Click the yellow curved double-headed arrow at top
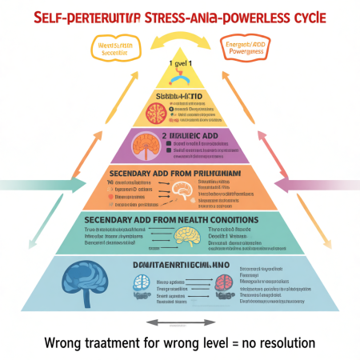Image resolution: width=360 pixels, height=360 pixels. pyautogui.click(x=180, y=38)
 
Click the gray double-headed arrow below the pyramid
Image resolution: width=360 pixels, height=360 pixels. pyautogui.click(x=180, y=322)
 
